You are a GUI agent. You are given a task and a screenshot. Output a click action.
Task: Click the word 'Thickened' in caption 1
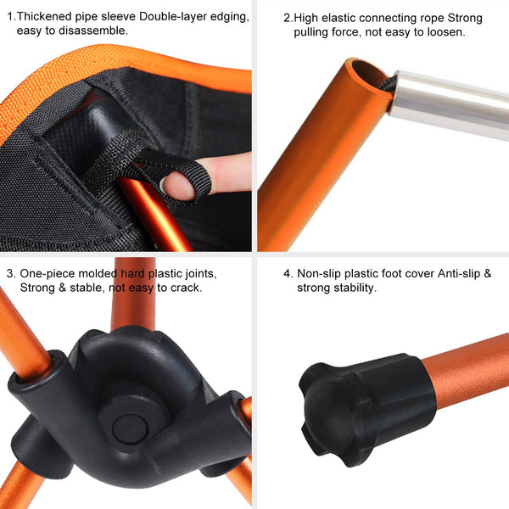point(49,16)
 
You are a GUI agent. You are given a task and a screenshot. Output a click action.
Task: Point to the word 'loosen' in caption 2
point(443,32)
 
